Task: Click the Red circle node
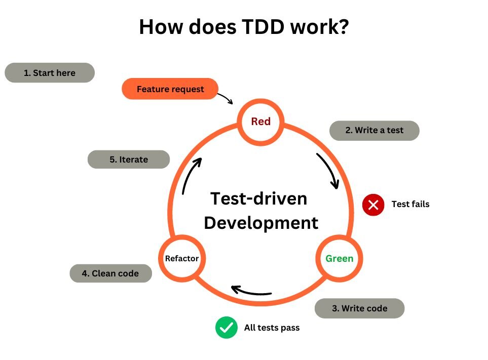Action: (260, 122)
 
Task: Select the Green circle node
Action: (339, 259)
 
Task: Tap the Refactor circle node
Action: (181, 259)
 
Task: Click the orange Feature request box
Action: (170, 89)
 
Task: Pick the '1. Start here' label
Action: (50, 73)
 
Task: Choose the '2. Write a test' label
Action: (374, 130)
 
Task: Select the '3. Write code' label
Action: (359, 308)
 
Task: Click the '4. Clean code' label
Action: (110, 273)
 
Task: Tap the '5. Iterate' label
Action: (129, 159)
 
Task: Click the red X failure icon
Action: (373, 205)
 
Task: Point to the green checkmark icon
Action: (226, 328)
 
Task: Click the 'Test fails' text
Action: (410, 205)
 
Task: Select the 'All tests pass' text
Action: (272, 328)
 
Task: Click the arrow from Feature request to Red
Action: (226, 97)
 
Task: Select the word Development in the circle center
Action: (261, 223)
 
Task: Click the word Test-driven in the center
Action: (258, 198)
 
